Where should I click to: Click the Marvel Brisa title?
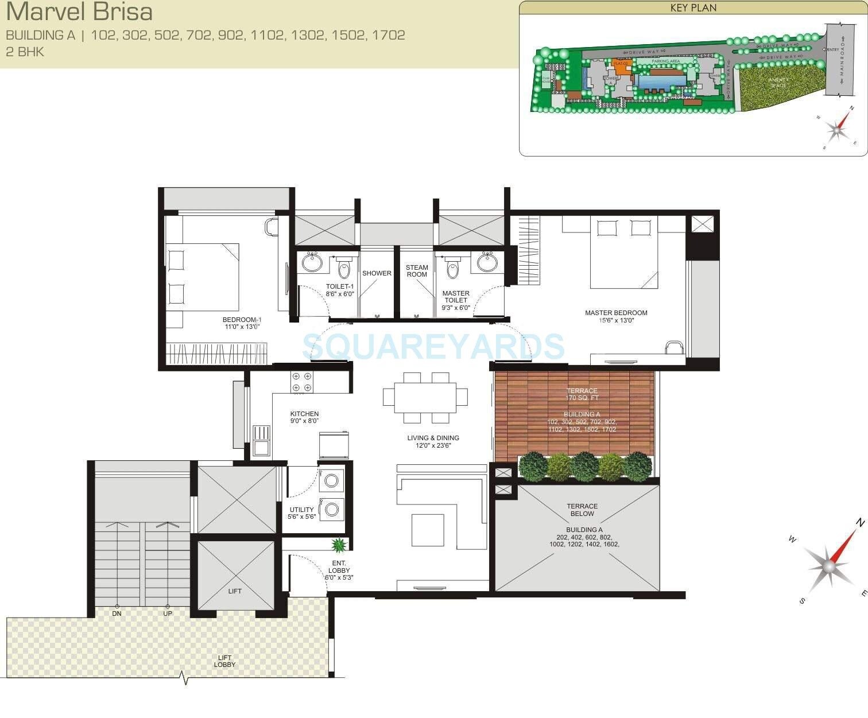(79, 12)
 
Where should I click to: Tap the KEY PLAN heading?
(693, 8)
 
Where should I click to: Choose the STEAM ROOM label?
(417, 271)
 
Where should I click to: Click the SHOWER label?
(377, 273)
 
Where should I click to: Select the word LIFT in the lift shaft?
(235, 591)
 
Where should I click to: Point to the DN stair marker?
(117, 614)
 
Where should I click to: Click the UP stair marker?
(168, 614)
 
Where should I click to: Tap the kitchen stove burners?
(302, 382)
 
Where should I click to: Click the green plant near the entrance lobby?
(339, 544)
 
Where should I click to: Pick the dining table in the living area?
(425, 397)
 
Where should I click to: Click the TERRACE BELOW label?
(582, 510)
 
